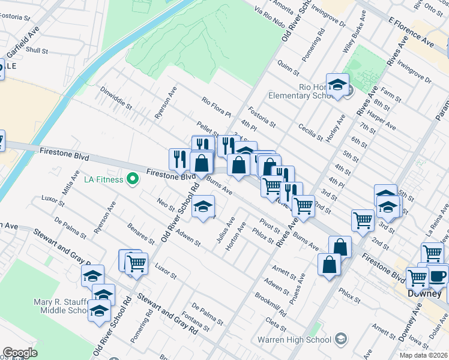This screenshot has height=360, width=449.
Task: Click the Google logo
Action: click(20, 352)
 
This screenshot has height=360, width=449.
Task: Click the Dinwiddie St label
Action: click(116, 99)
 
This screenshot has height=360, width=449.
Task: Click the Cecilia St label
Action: click(310, 128)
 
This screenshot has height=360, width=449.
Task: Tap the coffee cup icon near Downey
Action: click(438, 275)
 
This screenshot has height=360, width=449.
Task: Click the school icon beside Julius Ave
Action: click(203, 207)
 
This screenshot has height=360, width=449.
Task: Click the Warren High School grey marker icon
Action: click(341, 340)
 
